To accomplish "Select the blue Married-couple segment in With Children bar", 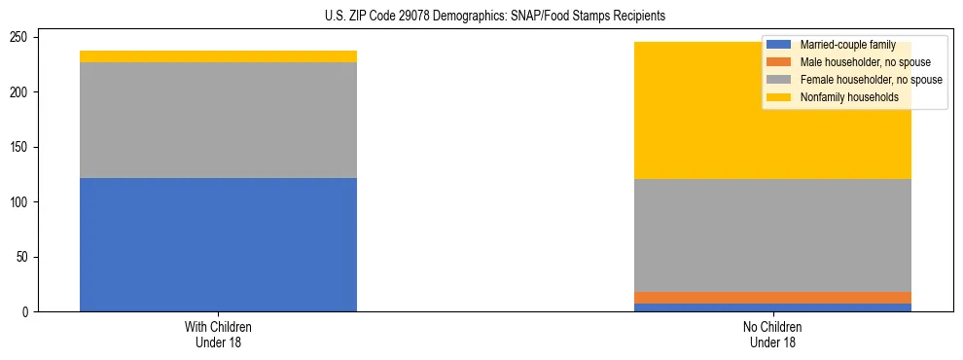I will [x=218, y=244].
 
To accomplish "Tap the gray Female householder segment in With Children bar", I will [x=218, y=120].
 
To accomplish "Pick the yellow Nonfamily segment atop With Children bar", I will [x=218, y=56].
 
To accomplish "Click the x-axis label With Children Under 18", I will [x=218, y=334].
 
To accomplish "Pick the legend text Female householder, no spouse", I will [x=871, y=80].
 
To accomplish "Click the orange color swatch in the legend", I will [x=779, y=62].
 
